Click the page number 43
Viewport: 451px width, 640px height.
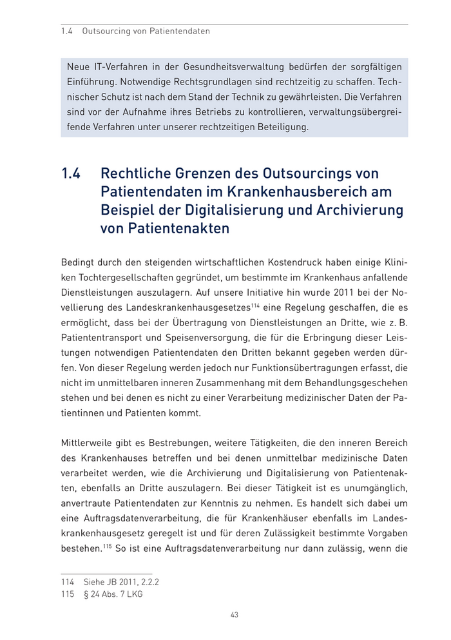(x=235, y=615)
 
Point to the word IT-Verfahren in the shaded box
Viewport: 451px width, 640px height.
(x=123, y=66)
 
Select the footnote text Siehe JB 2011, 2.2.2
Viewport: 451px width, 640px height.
(x=121, y=582)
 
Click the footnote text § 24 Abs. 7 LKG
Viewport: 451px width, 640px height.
(x=113, y=594)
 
